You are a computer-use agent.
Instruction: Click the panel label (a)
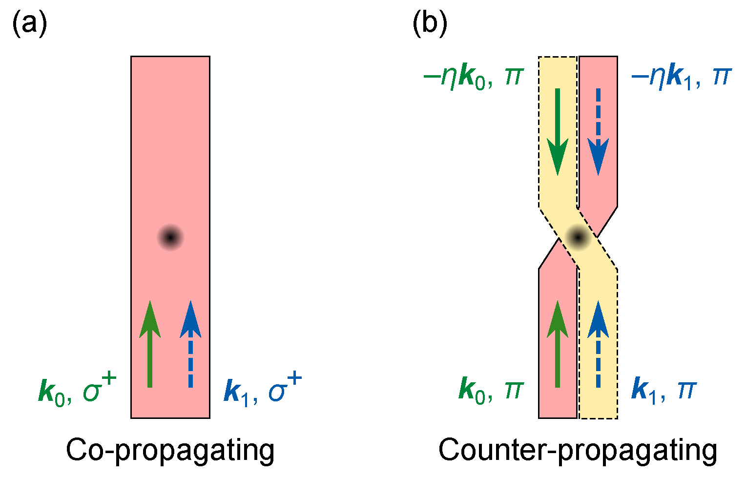[x=29, y=23]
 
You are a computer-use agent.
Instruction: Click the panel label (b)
[x=430, y=23]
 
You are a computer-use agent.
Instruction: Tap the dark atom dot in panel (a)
[x=170, y=238]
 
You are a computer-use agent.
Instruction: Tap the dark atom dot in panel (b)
[x=578, y=238]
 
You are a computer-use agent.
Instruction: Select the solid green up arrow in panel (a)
[x=150, y=344]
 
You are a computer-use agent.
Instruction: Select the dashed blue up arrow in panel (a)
[x=190, y=344]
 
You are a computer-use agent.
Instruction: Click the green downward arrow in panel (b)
[x=558, y=132]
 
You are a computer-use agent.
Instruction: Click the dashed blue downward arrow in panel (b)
[x=598, y=132]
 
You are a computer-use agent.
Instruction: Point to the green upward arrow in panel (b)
[x=558, y=344]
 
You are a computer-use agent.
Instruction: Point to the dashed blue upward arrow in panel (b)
[x=598, y=344]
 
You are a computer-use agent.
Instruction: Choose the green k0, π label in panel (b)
[x=491, y=391]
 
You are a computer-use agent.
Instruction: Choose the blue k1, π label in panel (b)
[x=664, y=391]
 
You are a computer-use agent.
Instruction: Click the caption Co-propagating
[x=170, y=450]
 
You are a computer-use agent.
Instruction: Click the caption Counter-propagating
[x=578, y=450]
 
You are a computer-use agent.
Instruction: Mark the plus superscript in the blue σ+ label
[x=295, y=379]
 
